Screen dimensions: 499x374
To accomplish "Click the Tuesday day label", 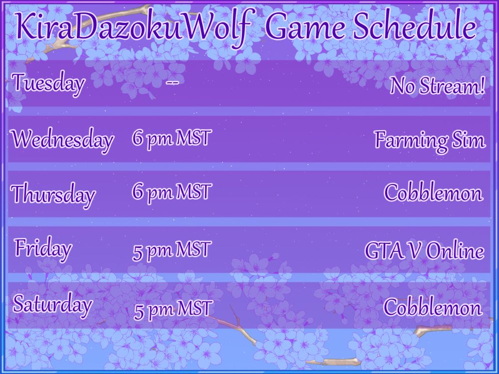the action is coord(49,83).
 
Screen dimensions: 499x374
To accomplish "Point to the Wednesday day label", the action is coord(63,140).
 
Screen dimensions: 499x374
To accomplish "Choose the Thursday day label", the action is coord(53,194).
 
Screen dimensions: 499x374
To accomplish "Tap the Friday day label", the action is coord(43,250).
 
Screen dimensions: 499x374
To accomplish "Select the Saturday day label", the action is coord(52,304).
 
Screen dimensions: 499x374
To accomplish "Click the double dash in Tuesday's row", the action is coord(172,83).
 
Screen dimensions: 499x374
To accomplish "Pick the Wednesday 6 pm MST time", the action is coord(172,139).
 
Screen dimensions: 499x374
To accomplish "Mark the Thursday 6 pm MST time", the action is coord(172,192).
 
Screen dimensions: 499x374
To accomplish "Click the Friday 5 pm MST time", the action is coord(172,250).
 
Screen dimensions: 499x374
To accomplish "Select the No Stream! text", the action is coord(438,86).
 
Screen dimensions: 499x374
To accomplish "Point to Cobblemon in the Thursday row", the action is coord(433,192).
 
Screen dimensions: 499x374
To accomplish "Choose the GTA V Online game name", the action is coord(425,251).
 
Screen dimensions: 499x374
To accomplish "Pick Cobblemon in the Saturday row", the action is coord(433,307).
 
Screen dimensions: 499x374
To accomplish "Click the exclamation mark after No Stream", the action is coord(483,86).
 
